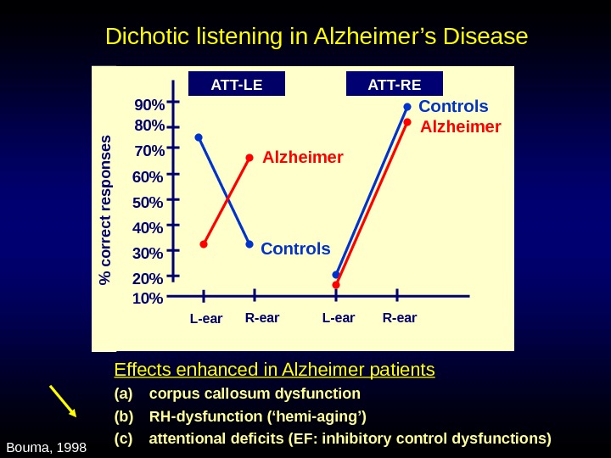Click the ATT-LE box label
click(x=236, y=84)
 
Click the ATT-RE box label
click(x=395, y=84)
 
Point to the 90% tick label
click(x=149, y=105)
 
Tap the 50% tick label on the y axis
click(x=148, y=203)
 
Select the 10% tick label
click(x=148, y=299)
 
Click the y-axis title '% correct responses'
click(x=106, y=209)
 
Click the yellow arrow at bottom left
click(x=63, y=400)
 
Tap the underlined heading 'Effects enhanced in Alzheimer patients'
click(x=274, y=370)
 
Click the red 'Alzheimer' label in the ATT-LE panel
click(x=302, y=158)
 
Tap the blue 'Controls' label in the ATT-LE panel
click(x=295, y=249)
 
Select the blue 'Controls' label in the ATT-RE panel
click(x=453, y=107)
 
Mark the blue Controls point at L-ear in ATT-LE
click(x=199, y=137)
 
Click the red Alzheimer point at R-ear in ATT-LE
click(x=249, y=158)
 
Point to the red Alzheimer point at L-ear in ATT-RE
click(x=336, y=285)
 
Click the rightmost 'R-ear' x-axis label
click(x=400, y=319)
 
